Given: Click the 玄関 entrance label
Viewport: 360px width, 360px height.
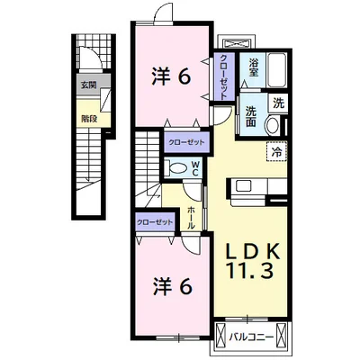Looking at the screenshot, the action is pos(88,85).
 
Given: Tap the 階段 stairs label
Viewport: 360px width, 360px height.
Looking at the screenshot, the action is pos(89,119).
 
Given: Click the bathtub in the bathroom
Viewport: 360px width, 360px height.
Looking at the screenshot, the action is pos(277,70).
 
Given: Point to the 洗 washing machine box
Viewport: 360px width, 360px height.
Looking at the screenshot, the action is pos(278,103).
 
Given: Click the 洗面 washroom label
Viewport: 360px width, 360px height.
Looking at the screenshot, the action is pos(251,117).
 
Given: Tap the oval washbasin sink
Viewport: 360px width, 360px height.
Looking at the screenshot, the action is pos(273,125).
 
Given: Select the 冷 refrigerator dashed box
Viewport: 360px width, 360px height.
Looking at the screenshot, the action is pos(276,152).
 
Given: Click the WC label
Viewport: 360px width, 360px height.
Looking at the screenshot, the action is pos(195,168).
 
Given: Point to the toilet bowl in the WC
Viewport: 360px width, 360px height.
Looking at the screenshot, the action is pos(176,168).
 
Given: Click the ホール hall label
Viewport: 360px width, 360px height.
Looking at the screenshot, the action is pos(191,218).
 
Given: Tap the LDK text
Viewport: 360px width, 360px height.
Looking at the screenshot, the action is pos(253,251).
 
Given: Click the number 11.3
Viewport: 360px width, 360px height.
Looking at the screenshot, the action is pos(251,270).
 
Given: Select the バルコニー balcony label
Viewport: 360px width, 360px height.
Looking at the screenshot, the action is pos(252,337).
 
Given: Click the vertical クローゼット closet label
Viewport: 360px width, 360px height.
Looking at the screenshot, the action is pos(223,77).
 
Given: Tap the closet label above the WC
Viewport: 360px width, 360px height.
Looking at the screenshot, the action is pos(186,142).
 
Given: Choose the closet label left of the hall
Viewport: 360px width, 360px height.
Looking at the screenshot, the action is pos(155,222).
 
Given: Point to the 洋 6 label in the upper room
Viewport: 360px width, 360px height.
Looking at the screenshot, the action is pos(171,77).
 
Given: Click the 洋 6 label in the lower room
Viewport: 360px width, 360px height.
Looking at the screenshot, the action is pos(173,287).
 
